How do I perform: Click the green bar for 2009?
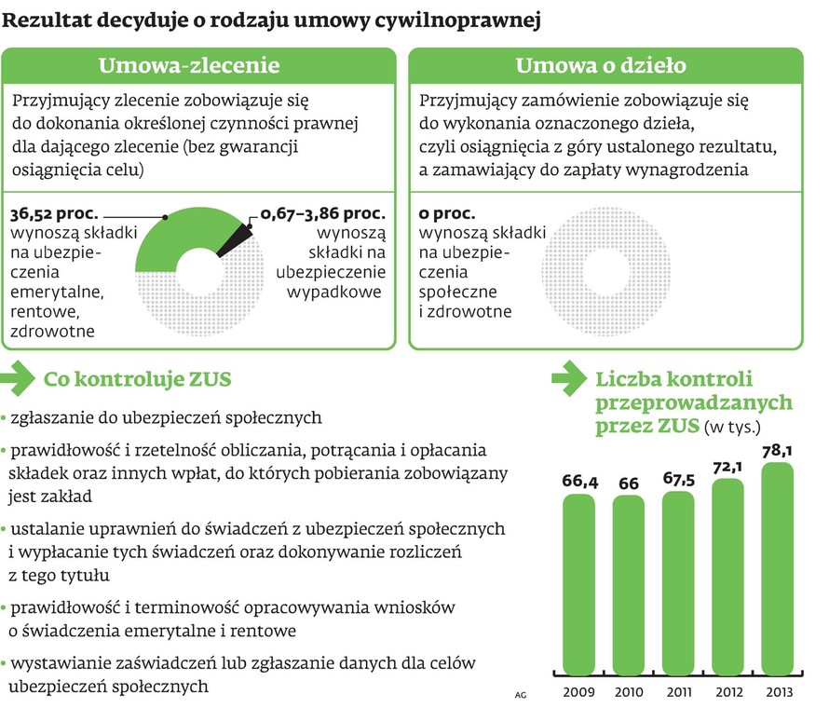coord(578,585)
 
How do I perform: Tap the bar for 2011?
coord(678,584)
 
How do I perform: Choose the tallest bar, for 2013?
coord(778,569)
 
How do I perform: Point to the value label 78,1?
coord(778,451)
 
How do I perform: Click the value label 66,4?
coord(578,482)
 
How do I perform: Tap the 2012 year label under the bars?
coord(727,692)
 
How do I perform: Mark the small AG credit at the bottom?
coord(519,694)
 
